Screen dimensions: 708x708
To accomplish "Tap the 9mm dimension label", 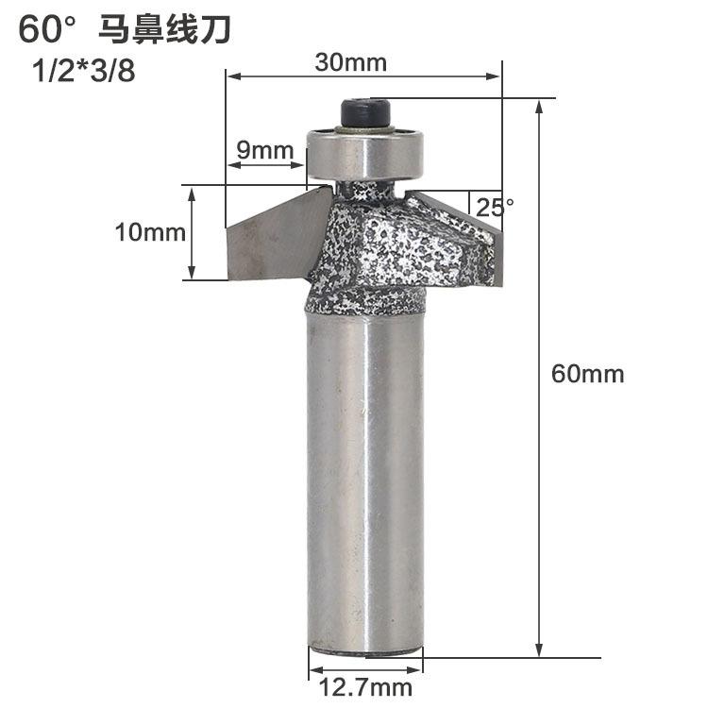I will (252, 150).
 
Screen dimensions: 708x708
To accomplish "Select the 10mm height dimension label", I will (151, 232).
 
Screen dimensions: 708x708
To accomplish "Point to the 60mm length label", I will (588, 374).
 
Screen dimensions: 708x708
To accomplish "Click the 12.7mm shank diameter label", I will (363, 687).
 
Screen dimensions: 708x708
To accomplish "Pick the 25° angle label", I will (495, 208).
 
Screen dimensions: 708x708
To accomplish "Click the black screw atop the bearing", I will (364, 115).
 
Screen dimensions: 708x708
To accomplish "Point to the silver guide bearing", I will (365, 153).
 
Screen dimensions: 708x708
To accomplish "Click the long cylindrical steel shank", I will (364, 481).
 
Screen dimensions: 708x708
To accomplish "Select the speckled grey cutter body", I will (396, 250).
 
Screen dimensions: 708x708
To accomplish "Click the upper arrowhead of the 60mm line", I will (540, 107).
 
